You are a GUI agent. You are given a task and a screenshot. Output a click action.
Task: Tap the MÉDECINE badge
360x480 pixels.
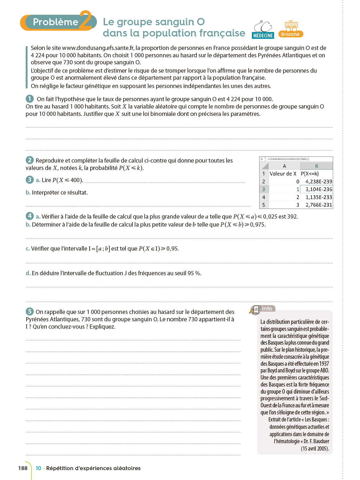(x=263, y=36)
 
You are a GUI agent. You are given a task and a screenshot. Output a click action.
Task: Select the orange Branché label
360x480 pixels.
(x=290, y=34)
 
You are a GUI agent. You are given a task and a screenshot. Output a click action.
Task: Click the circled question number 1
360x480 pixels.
(x=30, y=99)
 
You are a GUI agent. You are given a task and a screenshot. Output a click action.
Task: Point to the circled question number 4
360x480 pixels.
(x=30, y=216)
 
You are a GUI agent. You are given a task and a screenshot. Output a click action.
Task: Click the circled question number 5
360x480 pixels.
(x=30, y=311)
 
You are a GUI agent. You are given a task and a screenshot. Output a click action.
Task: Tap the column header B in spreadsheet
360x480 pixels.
(x=316, y=166)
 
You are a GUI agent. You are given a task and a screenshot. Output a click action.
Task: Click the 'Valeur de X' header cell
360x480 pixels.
(x=283, y=174)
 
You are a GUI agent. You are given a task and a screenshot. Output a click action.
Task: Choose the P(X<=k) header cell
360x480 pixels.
(x=310, y=174)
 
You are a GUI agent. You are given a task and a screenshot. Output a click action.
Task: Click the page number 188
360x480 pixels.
(x=23, y=468)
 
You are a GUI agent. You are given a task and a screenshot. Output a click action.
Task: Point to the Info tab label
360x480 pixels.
(x=267, y=308)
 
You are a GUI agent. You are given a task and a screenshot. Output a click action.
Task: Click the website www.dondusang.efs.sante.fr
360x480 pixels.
(x=98, y=48)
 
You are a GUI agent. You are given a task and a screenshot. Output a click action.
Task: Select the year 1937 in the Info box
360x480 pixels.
(x=324, y=364)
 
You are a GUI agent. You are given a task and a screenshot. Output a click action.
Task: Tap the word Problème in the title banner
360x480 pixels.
(x=55, y=22)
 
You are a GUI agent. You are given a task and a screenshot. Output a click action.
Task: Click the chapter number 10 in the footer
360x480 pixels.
(x=38, y=468)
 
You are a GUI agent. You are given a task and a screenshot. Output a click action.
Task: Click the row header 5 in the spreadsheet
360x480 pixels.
(x=264, y=205)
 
